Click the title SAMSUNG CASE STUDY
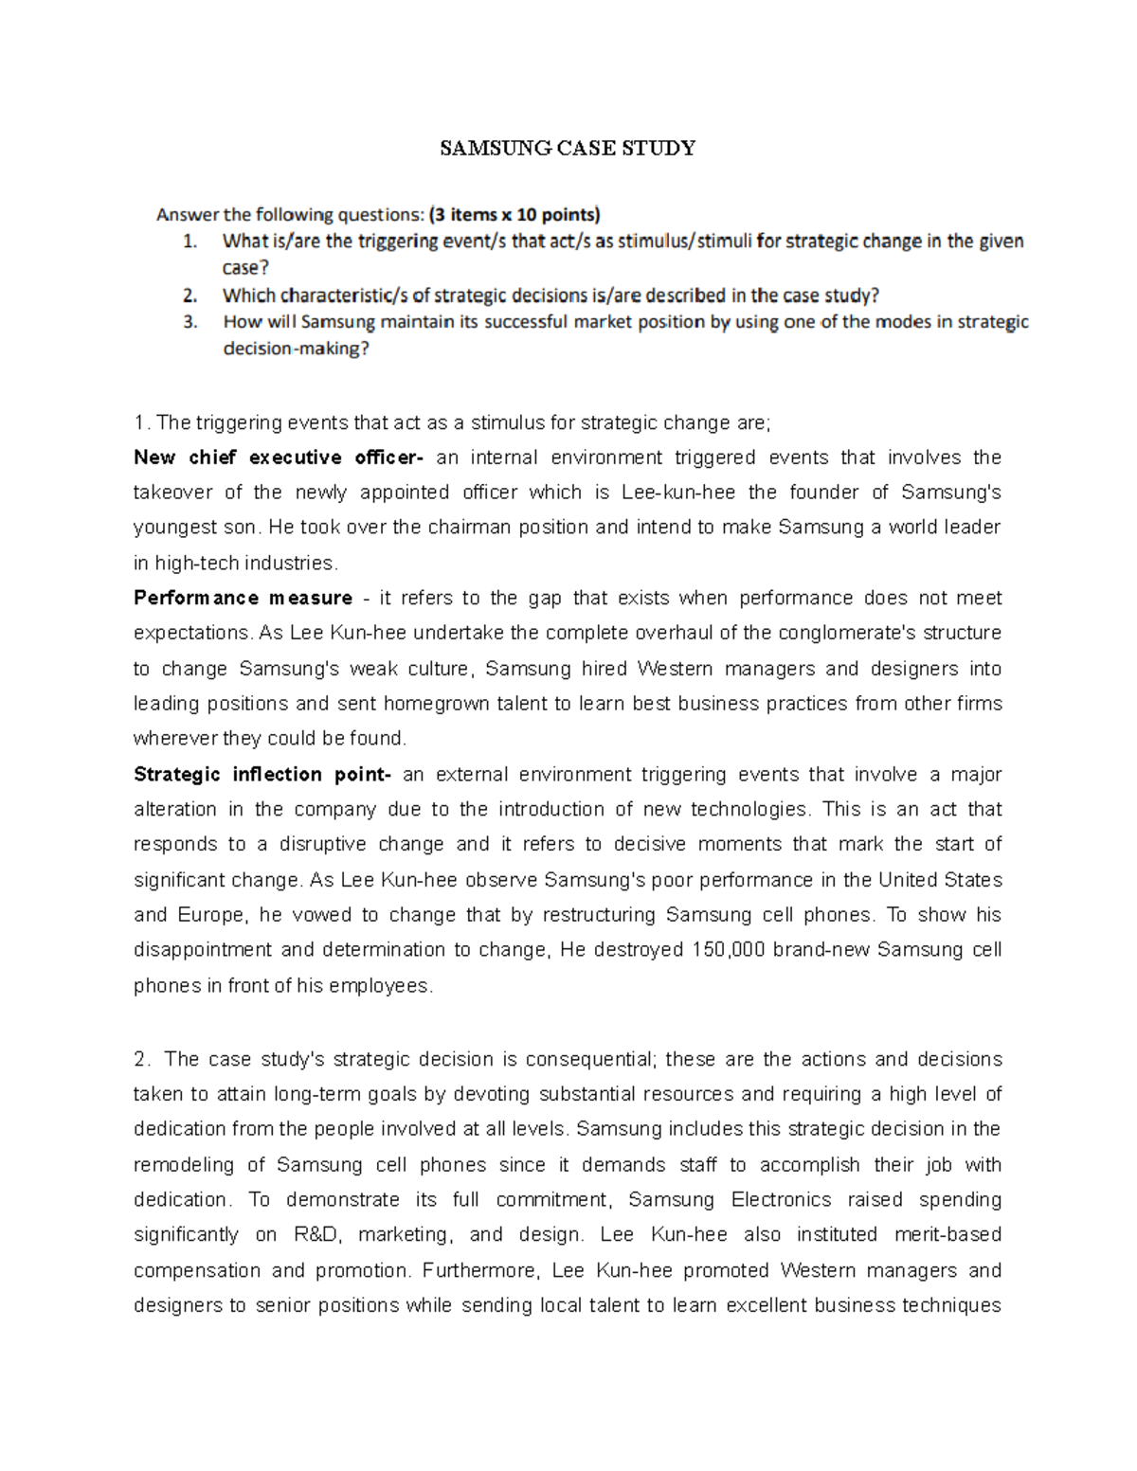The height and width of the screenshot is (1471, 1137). tap(568, 148)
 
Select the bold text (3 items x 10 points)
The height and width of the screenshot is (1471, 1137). tap(514, 214)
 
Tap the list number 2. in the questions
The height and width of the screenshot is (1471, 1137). tap(190, 295)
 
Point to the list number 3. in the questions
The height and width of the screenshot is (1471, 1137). tap(190, 321)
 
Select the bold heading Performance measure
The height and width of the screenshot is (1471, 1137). tap(243, 598)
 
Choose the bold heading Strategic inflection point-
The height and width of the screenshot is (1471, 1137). tap(262, 774)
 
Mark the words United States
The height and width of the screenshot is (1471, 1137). tap(940, 879)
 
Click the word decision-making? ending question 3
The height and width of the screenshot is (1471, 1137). tap(296, 348)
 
